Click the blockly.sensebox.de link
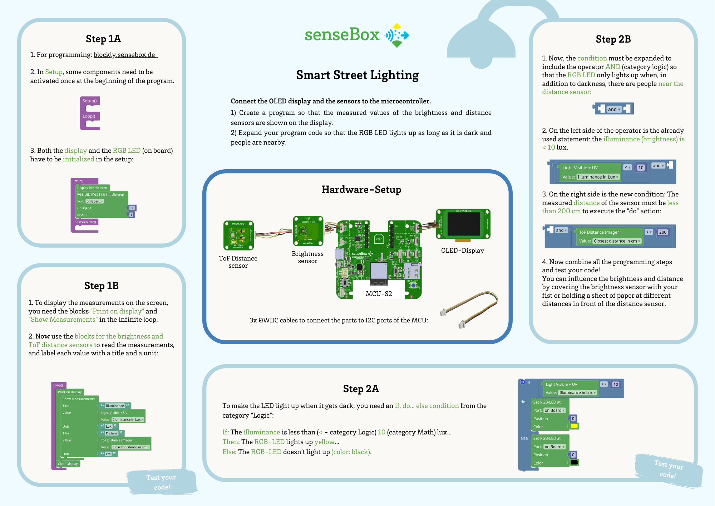tap(124, 55)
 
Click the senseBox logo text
tap(342, 35)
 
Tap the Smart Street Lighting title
tap(357, 75)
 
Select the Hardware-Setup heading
tap(361, 189)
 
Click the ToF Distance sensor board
tap(238, 235)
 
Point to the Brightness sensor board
tap(308, 231)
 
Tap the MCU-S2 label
tap(379, 294)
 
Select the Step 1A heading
tap(103, 39)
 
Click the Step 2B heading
tap(613, 39)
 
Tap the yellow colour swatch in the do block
tap(574, 426)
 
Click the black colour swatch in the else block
tap(574, 462)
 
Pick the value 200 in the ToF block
tap(662, 232)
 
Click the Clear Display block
tap(68, 464)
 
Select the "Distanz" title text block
tap(112, 433)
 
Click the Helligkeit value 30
tap(132, 208)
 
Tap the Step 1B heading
tap(102, 286)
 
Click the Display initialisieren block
tap(92, 188)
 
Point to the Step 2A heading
tap(361, 389)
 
